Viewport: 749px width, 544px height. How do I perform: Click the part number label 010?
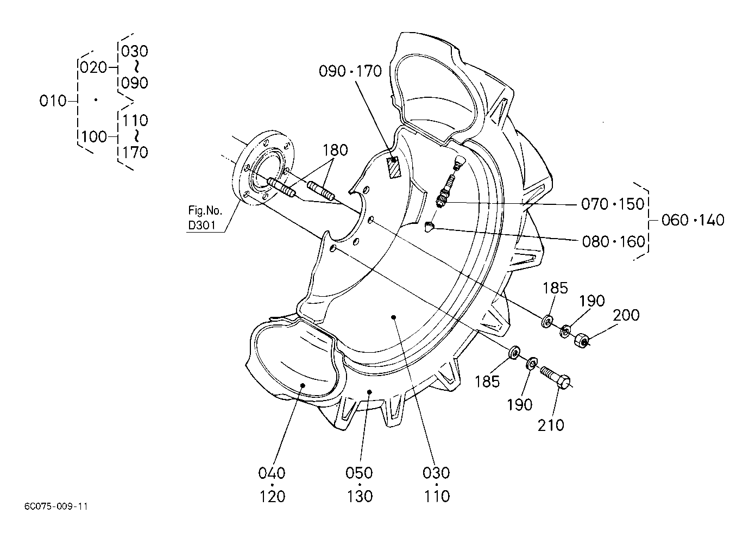point(53,101)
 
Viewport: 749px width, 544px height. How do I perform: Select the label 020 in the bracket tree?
point(93,68)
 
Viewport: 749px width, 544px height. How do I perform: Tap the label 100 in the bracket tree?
point(94,137)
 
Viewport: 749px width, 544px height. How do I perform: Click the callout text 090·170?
point(350,71)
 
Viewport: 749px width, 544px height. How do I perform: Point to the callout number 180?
point(335,150)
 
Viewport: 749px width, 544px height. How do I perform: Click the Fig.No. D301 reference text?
point(205,218)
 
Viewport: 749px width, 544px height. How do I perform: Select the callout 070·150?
point(613,204)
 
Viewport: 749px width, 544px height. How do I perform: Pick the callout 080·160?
point(613,241)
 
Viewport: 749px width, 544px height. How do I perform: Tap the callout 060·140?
point(693,220)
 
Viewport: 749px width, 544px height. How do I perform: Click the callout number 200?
point(626,315)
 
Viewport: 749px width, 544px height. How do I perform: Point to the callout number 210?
point(551,425)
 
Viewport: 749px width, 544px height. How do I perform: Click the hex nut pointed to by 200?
point(582,341)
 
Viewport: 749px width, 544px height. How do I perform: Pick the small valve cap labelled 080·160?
point(429,227)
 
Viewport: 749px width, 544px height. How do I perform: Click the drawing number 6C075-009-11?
point(56,507)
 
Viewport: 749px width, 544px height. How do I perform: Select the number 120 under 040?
point(273,497)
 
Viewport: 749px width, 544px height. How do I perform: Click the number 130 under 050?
point(360,497)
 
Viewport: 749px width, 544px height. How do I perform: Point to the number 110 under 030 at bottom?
point(437,497)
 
